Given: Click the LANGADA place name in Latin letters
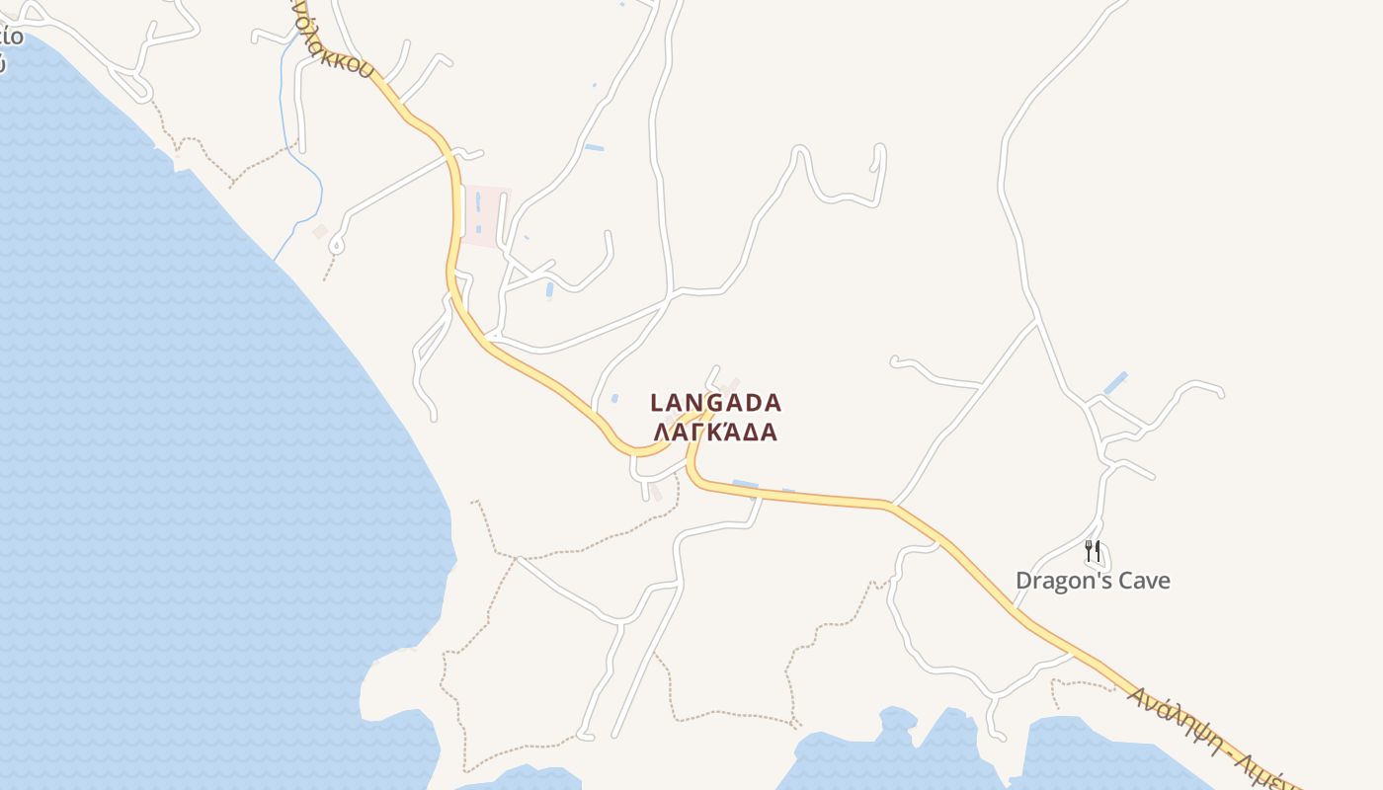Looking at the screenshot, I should click(x=716, y=403).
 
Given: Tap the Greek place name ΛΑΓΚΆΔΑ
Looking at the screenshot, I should click(x=716, y=433).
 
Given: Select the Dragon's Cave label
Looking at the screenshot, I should click(x=1093, y=581).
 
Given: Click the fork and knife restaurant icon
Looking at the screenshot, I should click(x=1093, y=551).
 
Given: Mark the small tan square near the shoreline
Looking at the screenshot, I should click(x=320, y=231).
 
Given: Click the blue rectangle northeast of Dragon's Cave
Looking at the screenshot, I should click(x=1115, y=383).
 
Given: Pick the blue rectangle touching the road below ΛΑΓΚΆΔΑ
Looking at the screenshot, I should click(x=745, y=484).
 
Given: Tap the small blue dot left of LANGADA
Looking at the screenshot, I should click(x=614, y=399).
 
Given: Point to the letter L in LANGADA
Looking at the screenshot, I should click(x=657, y=403).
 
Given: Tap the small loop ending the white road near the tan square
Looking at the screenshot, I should click(x=337, y=243).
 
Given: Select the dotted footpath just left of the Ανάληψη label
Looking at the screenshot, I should click(x=1082, y=683).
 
